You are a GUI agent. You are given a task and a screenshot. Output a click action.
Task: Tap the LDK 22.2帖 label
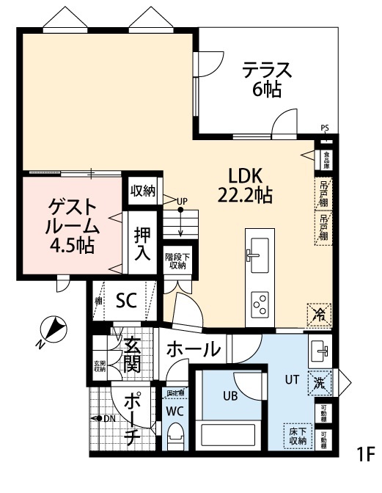pyautogui.click(x=245, y=186)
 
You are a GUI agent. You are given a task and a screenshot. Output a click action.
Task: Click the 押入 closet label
pyautogui.click(x=142, y=245)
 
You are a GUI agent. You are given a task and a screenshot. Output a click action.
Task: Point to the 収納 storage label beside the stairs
pyautogui.click(x=143, y=191)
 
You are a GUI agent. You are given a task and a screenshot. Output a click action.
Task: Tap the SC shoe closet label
pyautogui.click(x=127, y=300)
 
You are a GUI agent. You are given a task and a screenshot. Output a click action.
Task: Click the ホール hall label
pyautogui.click(x=193, y=348)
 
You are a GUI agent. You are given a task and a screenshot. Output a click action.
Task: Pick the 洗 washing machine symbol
pyautogui.click(x=320, y=382)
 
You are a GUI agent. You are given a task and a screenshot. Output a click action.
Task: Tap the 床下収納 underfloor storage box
pyautogui.click(x=297, y=436)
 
